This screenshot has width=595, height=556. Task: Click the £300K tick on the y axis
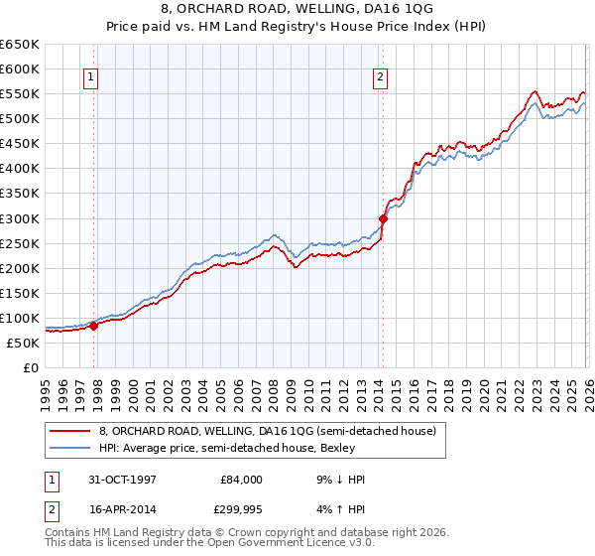19,218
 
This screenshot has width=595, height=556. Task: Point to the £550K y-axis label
19,93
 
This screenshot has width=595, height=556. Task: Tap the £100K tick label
19,318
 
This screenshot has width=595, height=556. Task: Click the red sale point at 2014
382,218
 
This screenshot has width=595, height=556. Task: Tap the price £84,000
241,480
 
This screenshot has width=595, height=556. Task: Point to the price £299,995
241,509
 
